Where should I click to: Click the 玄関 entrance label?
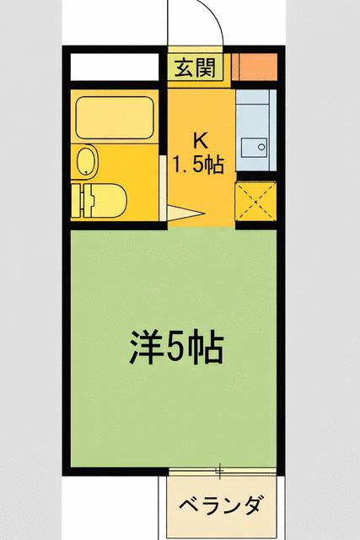point(195,67)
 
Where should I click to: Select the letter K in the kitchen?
point(201,140)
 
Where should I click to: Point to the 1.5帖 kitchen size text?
point(198,165)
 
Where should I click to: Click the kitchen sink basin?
point(254,148)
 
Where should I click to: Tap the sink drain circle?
point(262,147)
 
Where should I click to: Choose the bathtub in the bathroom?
point(115,118)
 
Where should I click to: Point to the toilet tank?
point(83,201)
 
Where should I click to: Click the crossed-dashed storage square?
point(255,201)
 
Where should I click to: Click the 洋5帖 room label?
point(176,347)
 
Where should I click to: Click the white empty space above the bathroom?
point(116,67)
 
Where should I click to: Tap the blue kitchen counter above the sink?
point(253,113)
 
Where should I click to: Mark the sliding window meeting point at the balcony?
point(219,471)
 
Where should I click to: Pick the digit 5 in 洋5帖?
point(176,347)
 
